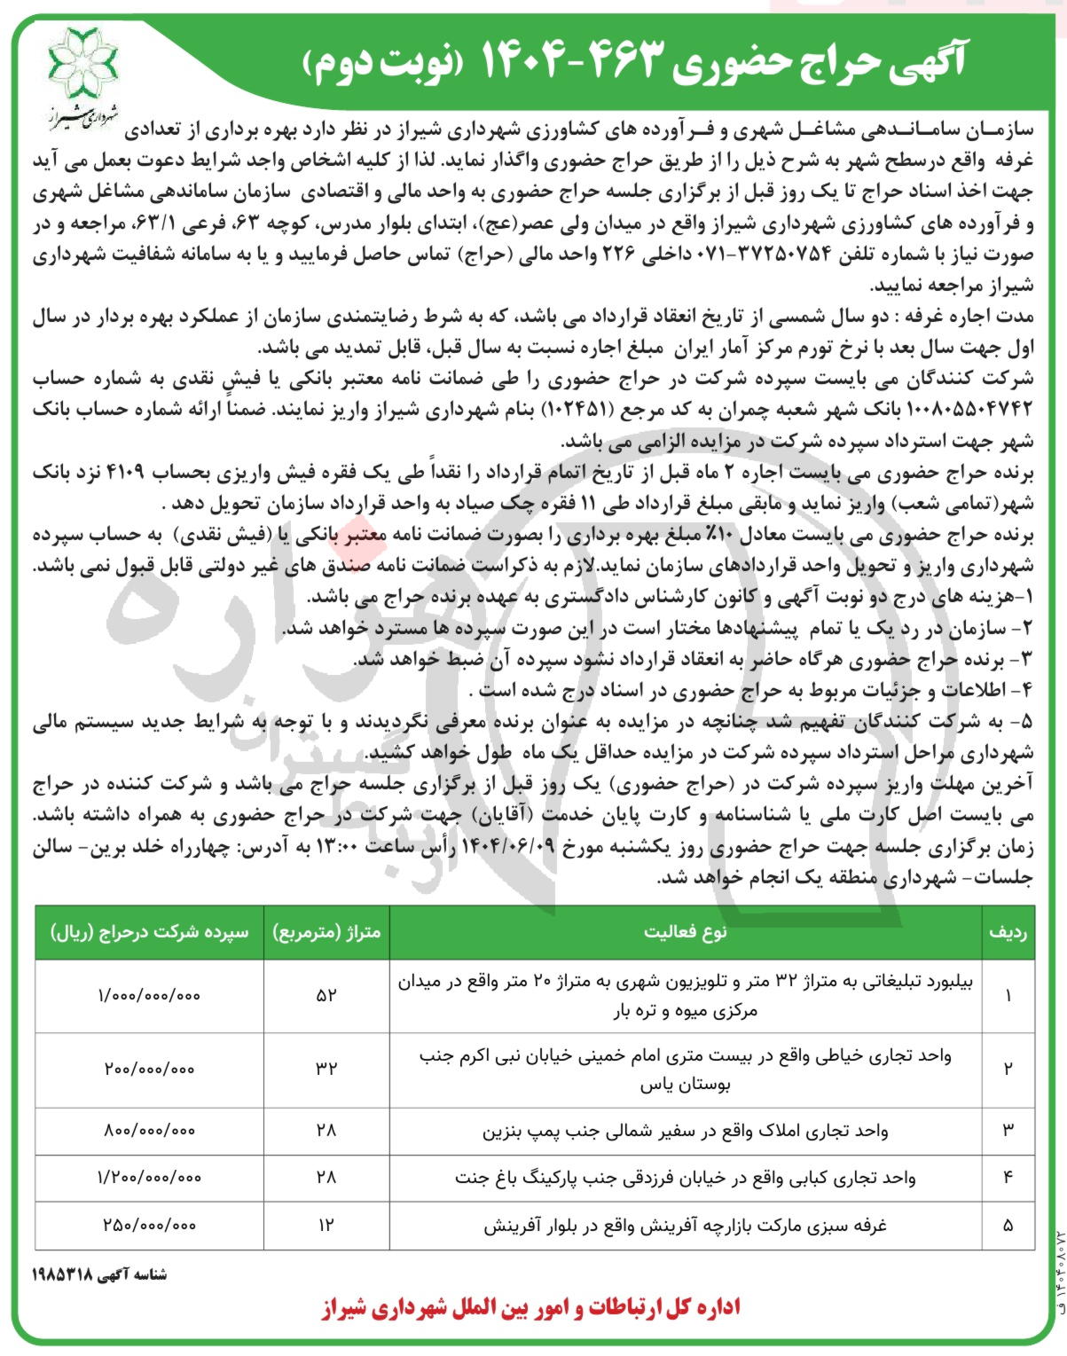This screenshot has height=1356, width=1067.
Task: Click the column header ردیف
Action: (1008, 932)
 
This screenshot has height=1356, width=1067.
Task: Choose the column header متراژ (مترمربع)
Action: (326, 932)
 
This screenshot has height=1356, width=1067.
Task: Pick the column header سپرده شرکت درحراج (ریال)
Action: (150, 932)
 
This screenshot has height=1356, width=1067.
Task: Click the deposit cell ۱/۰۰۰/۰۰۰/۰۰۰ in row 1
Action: (149, 995)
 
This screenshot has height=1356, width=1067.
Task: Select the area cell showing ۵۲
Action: (326, 995)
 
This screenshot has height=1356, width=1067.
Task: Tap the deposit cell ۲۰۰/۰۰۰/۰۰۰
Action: (149, 1069)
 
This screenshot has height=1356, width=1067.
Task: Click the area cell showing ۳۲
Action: (326, 1069)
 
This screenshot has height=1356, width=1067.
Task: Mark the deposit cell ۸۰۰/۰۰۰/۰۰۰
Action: (149, 1131)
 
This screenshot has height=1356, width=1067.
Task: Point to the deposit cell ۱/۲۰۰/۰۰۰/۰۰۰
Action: (149, 1178)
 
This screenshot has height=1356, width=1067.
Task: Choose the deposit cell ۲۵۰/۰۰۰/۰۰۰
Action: (149, 1226)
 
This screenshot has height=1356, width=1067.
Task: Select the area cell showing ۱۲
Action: (326, 1226)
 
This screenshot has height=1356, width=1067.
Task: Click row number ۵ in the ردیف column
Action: (1008, 1226)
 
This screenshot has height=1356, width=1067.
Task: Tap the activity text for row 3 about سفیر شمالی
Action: (685, 1131)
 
